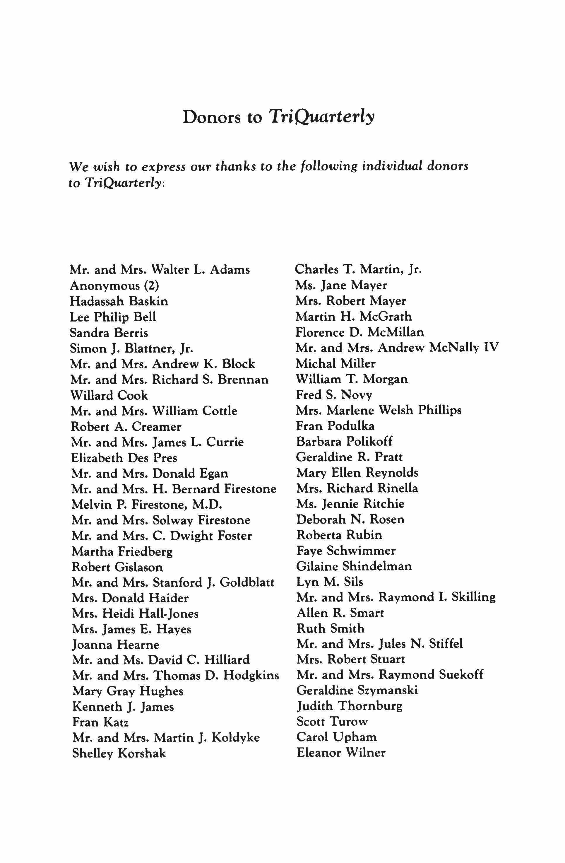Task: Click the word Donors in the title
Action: (212, 117)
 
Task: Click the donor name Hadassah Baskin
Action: (119, 301)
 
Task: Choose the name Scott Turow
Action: (332, 721)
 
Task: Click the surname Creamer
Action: (157, 427)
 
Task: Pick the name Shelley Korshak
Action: (119, 753)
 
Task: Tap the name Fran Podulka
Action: (335, 426)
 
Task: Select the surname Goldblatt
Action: (247, 582)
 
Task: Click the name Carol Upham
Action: (337, 737)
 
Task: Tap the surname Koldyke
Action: (236, 738)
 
